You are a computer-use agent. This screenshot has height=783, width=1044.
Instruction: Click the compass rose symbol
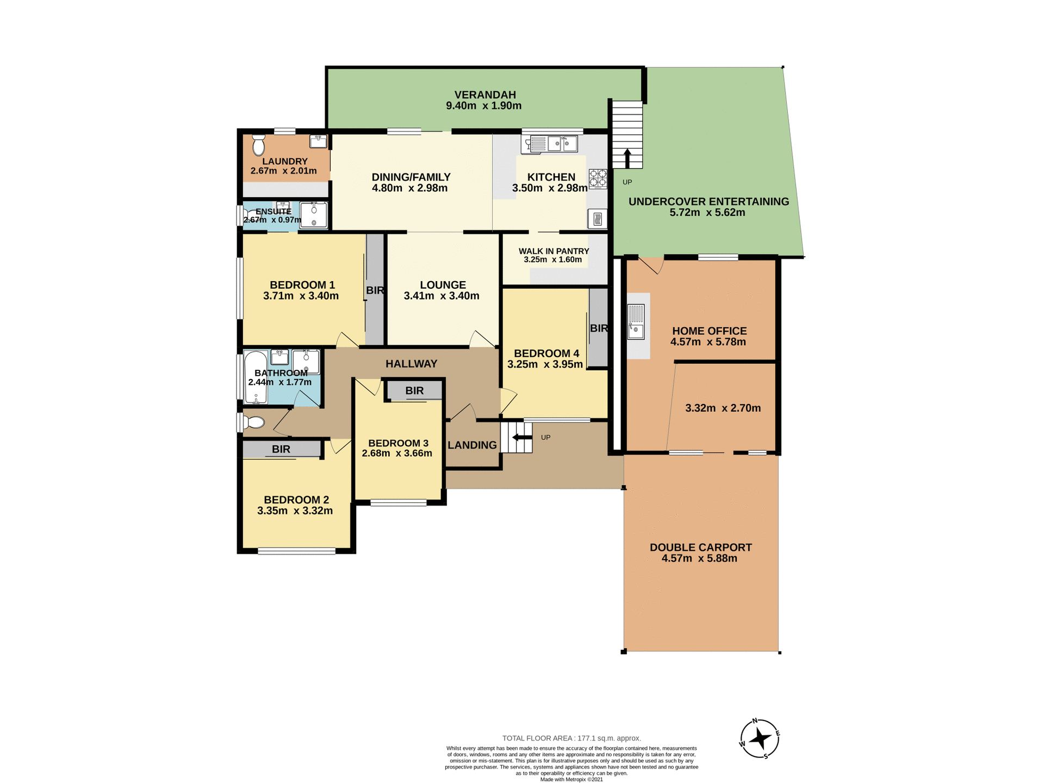(760, 739)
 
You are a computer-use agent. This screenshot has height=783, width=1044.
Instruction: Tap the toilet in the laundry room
(258, 145)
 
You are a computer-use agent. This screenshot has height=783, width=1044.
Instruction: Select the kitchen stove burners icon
(598, 178)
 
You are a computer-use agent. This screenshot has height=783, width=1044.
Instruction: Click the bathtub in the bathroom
(255, 377)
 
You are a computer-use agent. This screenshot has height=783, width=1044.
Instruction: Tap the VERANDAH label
(484, 95)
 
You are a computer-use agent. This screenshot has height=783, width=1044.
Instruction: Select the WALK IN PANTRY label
(554, 251)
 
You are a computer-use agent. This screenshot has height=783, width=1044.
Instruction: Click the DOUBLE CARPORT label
(700, 548)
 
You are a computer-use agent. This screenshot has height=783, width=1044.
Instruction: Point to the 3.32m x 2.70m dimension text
(723, 408)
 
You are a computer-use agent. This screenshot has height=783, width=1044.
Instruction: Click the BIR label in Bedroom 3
(414, 390)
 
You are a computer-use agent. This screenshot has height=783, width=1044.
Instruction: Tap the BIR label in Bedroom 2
(281, 449)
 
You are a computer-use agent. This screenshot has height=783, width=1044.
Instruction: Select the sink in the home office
(636, 322)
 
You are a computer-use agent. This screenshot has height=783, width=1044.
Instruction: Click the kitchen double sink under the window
(562, 144)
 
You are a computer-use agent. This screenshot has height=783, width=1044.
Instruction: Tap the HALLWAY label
(411, 364)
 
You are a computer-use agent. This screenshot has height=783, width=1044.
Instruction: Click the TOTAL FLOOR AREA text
(571, 738)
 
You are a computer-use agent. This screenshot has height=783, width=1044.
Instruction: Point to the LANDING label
(472, 445)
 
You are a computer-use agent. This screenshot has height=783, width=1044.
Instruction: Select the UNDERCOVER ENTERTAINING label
(709, 202)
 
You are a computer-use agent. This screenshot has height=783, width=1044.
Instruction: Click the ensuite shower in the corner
(314, 215)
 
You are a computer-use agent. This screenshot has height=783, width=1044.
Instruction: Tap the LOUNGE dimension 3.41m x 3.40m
(442, 296)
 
